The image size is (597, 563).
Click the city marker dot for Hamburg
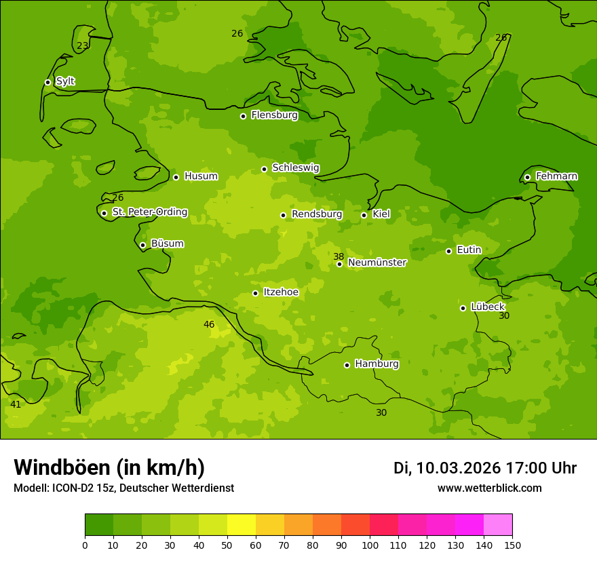[347, 365]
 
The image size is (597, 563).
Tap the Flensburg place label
[274, 115]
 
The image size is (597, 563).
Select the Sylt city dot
[47, 82]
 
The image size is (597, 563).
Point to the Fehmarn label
[556, 176]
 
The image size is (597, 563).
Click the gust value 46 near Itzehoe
[209, 324]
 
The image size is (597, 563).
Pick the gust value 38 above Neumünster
[339, 256]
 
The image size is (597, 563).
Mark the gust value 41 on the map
[16, 404]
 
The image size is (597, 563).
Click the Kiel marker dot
[364, 215]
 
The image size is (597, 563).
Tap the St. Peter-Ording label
[149, 212]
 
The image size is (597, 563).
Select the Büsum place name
[167, 244]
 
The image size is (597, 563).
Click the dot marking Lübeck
[463, 308]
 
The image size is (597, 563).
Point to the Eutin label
[469, 250]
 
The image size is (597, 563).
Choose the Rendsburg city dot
[283, 215]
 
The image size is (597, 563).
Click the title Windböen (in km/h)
[109, 467]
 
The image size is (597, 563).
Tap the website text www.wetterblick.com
[489, 488]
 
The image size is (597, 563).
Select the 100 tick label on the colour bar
[370, 545]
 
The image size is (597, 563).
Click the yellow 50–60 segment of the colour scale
[242, 525]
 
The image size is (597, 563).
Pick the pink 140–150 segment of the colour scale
[498, 525]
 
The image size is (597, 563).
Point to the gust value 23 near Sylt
[82, 46]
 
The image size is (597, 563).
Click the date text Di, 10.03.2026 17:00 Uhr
[485, 468]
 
